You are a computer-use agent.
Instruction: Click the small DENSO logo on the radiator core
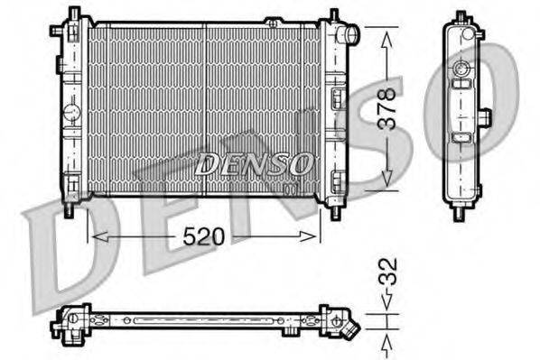tap(254, 164)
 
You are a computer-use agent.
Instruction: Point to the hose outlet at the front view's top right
tap(350, 35)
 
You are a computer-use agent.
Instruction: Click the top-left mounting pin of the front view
tap(76, 15)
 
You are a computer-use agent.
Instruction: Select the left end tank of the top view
tap(72, 320)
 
